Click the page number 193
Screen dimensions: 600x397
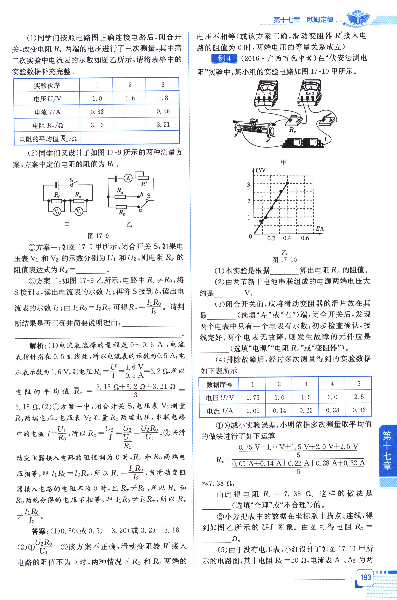pyautogui.click(x=366, y=577)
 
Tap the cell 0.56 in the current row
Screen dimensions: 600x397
pyautogui.click(x=163, y=111)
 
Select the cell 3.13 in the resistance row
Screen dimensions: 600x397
pyautogui.click(x=97, y=125)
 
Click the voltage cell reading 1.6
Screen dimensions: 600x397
pyautogui.click(x=130, y=98)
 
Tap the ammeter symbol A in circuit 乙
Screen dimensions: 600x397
pyautogui.click(x=128, y=178)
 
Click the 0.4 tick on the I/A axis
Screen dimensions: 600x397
pyautogui.click(x=287, y=238)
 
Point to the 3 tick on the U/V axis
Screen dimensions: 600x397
pyautogui.click(x=249, y=185)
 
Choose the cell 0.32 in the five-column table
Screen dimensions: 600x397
pyautogui.click(x=359, y=410)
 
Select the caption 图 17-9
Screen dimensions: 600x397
pyautogui.click(x=98, y=236)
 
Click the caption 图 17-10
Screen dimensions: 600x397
pyautogui.click(x=284, y=260)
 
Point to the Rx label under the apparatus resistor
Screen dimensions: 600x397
pyautogui.click(x=293, y=130)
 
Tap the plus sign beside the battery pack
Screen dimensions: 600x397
pyautogui.click(x=325, y=139)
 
